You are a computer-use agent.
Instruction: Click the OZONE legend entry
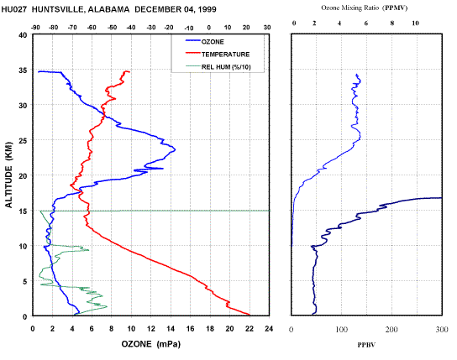(x=205, y=42)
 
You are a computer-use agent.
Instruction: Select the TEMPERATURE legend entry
(x=218, y=55)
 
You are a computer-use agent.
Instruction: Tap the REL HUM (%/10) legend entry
(x=218, y=67)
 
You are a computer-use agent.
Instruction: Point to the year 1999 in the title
(x=207, y=9)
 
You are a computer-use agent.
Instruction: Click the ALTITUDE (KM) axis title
(x=9, y=175)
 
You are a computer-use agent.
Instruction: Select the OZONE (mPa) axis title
(x=151, y=344)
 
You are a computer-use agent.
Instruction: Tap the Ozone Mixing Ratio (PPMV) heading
(x=365, y=8)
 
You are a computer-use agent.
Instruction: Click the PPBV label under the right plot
(x=366, y=345)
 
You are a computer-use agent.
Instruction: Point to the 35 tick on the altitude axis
(x=24, y=70)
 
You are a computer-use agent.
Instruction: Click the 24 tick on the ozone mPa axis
(x=269, y=329)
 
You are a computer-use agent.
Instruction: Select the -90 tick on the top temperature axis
(x=35, y=28)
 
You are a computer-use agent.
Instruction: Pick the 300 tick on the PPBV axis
(x=442, y=330)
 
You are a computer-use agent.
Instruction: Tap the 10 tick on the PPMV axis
(x=415, y=23)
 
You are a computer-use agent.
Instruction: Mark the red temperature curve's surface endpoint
(x=250, y=315)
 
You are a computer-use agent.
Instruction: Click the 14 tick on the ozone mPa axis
(x=171, y=329)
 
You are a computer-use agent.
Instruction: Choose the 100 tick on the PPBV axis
(x=341, y=330)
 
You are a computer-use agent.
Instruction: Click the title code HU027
(x=14, y=9)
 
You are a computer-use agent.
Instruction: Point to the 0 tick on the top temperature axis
(x=208, y=28)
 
